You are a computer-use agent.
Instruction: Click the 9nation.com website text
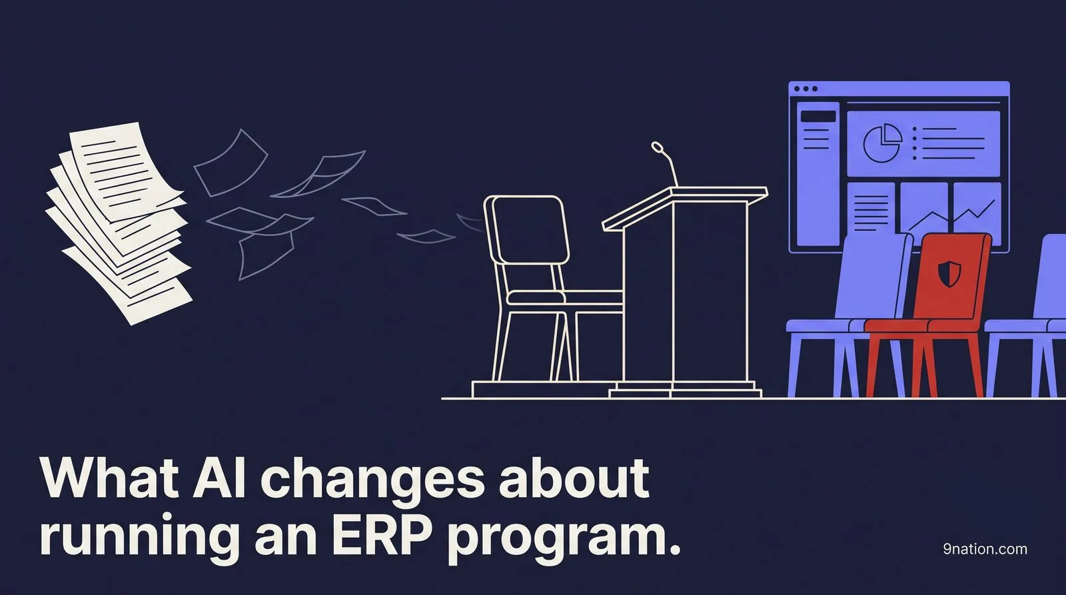985,549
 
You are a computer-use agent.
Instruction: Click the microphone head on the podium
657,147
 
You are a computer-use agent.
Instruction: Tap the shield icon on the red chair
949,272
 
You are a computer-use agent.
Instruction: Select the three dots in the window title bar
805,89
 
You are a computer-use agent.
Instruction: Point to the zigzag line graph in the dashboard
949,218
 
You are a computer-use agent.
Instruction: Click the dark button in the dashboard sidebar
818,117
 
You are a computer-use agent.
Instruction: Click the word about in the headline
573,477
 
